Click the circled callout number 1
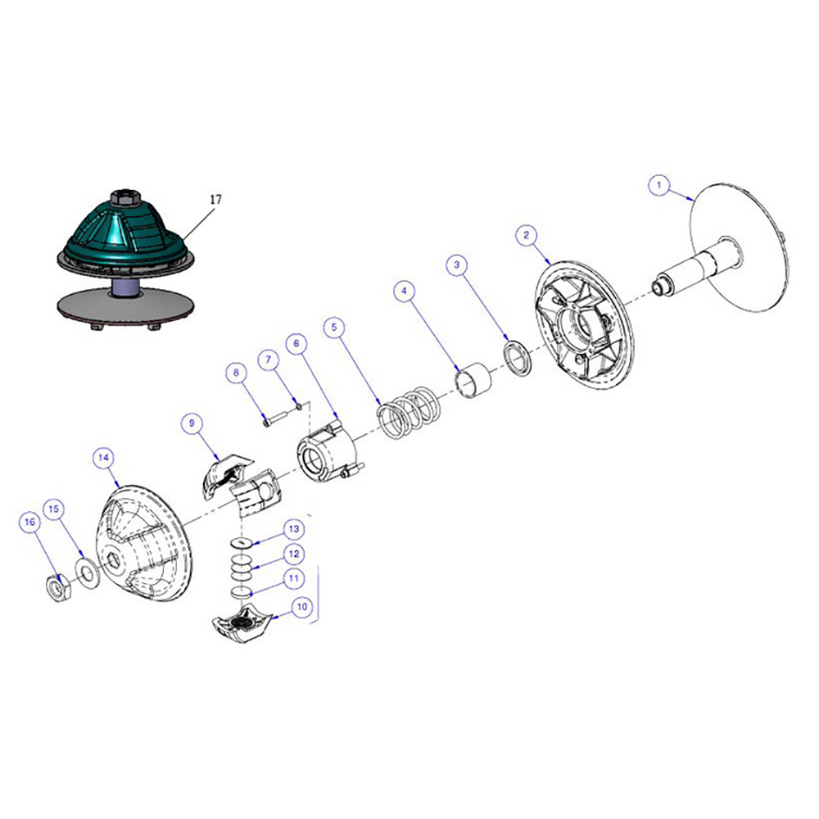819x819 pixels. (x=658, y=185)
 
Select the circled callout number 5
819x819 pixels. (x=334, y=328)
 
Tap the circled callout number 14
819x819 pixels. (x=103, y=458)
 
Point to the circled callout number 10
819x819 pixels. (x=302, y=607)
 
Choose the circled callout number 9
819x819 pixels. (x=192, y=423)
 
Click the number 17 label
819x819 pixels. (x=215, y=199)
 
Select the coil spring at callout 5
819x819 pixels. (x=409, y=412)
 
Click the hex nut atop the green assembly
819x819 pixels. (x=124, y=198)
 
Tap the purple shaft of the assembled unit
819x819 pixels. (x=124, y=287)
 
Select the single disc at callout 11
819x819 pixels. (x=240, y=592)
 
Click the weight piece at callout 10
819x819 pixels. (x=240, y=622)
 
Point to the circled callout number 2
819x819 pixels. (x=526, y=234)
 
